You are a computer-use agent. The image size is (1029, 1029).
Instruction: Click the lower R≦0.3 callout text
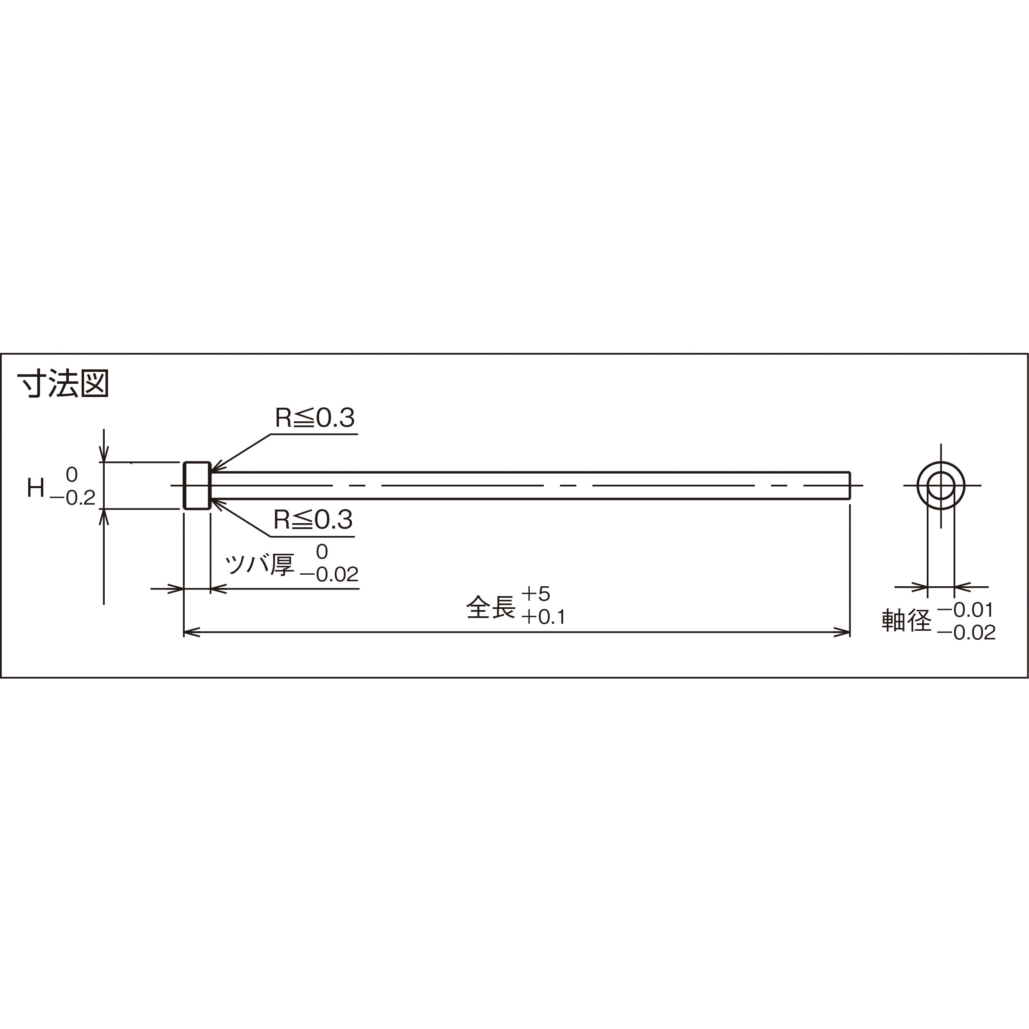[x=313, y=520]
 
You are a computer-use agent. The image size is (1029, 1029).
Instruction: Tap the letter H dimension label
[x=36, y=488]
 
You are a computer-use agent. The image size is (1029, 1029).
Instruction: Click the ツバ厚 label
[x=259, y=564]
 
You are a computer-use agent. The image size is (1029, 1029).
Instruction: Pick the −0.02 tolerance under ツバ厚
[x=329, y=575]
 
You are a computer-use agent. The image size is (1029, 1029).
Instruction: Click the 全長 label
[x=491, y=607]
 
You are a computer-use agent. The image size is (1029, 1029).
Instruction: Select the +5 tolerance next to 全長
[x=535, y=593]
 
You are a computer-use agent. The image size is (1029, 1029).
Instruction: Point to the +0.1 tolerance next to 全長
[x=543, y=617]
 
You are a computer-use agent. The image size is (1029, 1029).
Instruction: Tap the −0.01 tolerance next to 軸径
[x=966, y=610]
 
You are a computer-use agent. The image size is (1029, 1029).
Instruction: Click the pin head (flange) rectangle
[x=197, y=485]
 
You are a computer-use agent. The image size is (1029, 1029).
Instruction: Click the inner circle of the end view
[x=941, y=485]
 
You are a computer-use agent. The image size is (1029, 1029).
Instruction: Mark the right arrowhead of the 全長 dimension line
[x=843, y=633]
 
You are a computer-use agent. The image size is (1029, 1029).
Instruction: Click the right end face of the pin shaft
[x=850, y=485]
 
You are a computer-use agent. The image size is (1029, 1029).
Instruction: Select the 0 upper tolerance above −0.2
[x=71, y=474]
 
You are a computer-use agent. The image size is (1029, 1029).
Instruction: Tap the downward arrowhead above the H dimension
[x=104, y=454]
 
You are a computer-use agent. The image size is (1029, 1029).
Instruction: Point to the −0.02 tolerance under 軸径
[x=966, y=633]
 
